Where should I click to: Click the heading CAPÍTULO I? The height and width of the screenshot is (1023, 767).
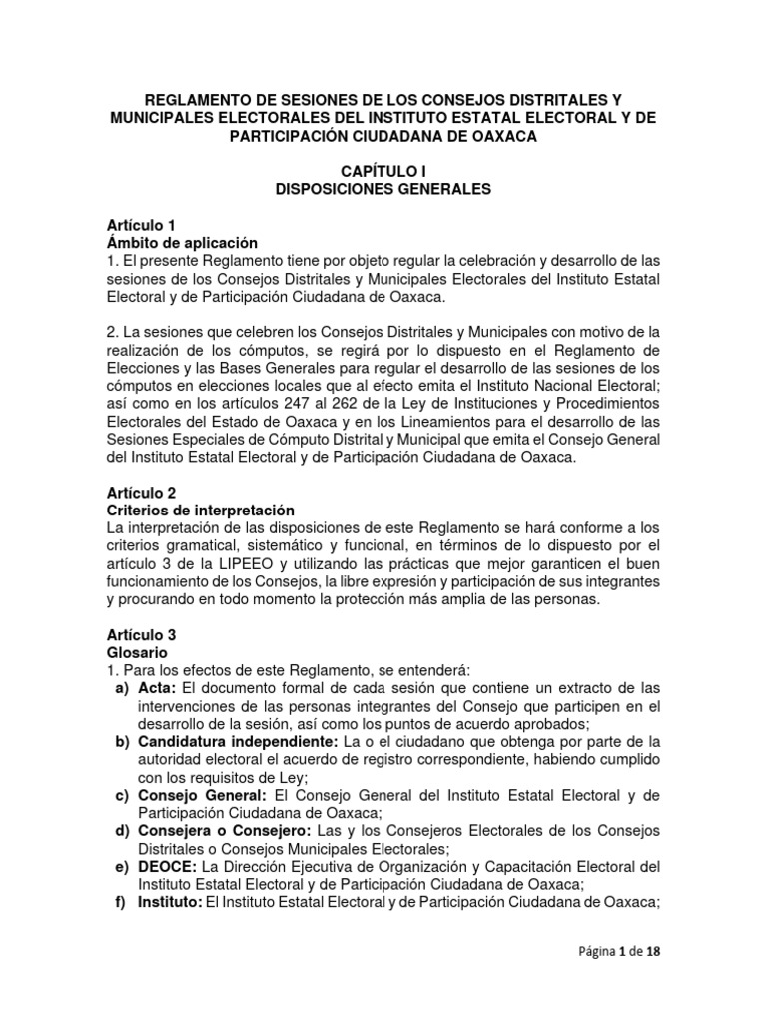pos(383,172)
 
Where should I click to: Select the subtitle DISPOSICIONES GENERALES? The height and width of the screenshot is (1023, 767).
pos(383,189)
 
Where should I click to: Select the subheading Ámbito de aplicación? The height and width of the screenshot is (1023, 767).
pos(182,242)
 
